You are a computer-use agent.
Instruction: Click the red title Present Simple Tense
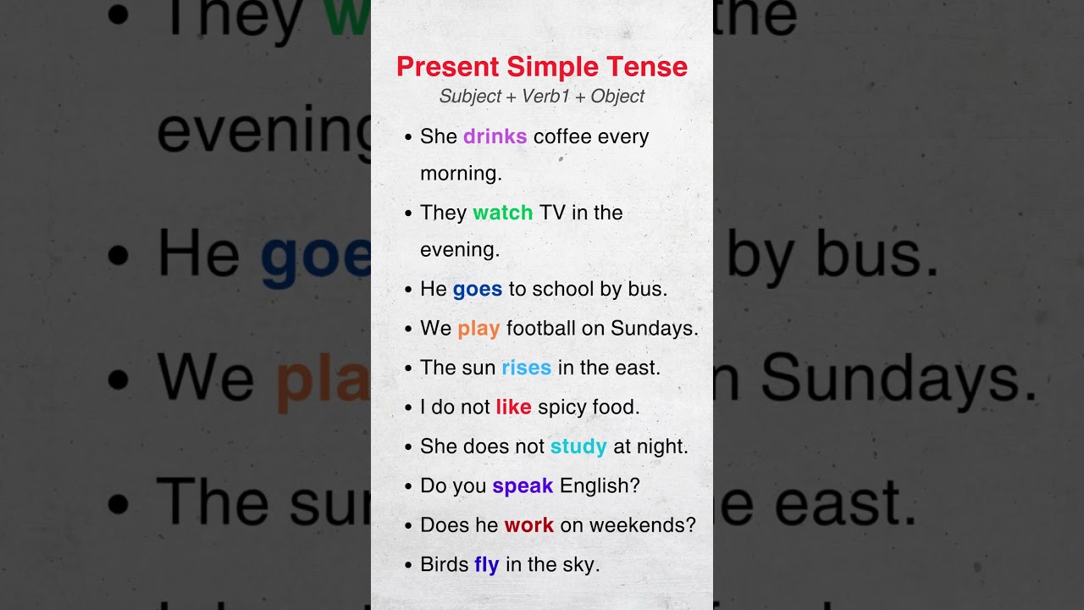coord(542,67)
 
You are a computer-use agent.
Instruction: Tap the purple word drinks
coord(495,136)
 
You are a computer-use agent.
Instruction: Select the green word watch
coord(502,212)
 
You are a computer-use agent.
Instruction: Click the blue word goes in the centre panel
coord(477,289)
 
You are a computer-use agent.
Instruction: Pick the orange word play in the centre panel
coord(478,328)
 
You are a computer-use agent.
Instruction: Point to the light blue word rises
coord(526,368)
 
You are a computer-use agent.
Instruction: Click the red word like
coord(513,407)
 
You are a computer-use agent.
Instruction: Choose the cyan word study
coord(578,446)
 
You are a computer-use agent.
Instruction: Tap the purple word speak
coord(523,485)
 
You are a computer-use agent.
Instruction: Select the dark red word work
coord(528,525)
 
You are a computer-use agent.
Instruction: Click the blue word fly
coord(486,565)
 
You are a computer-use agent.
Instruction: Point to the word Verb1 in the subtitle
coord(545,97)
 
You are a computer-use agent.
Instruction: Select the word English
coord(600,485)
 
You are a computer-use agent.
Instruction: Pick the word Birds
coord(444,565)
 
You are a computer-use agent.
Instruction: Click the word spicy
coord(562,408)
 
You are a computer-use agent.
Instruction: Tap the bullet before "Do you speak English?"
coord(408,487)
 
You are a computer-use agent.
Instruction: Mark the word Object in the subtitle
coord(617,97)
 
